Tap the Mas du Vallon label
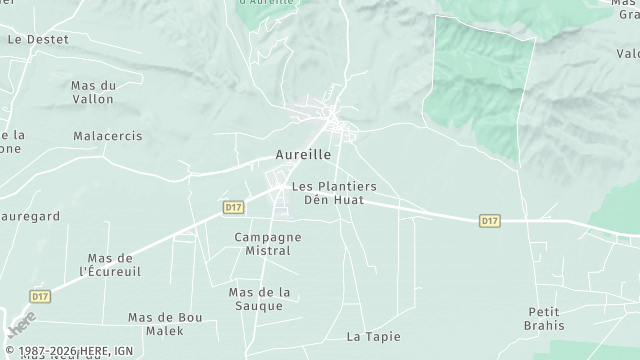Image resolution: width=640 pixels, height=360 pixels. (x=93, y=92)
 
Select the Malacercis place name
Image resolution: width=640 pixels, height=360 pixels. (x=108, y=135)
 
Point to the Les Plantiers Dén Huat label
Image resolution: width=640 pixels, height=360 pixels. (x=334, y=193)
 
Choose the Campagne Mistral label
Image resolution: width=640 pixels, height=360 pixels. (x=267, y=244)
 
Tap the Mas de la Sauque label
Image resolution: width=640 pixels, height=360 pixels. (x=259, y=298)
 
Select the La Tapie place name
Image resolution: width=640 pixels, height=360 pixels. (x=366, y=337)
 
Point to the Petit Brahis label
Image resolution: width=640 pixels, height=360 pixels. (x=545, y=318)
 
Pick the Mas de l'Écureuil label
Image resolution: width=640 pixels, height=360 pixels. (x=110, y=264)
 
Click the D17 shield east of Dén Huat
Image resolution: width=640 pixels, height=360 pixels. (x=489, y=220)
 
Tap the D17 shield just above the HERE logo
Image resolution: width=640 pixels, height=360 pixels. (x=40, y=296)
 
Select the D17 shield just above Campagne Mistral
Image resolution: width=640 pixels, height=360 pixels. (x=233, y=207)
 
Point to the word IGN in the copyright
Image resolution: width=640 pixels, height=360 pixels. (x=123, y=351)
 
